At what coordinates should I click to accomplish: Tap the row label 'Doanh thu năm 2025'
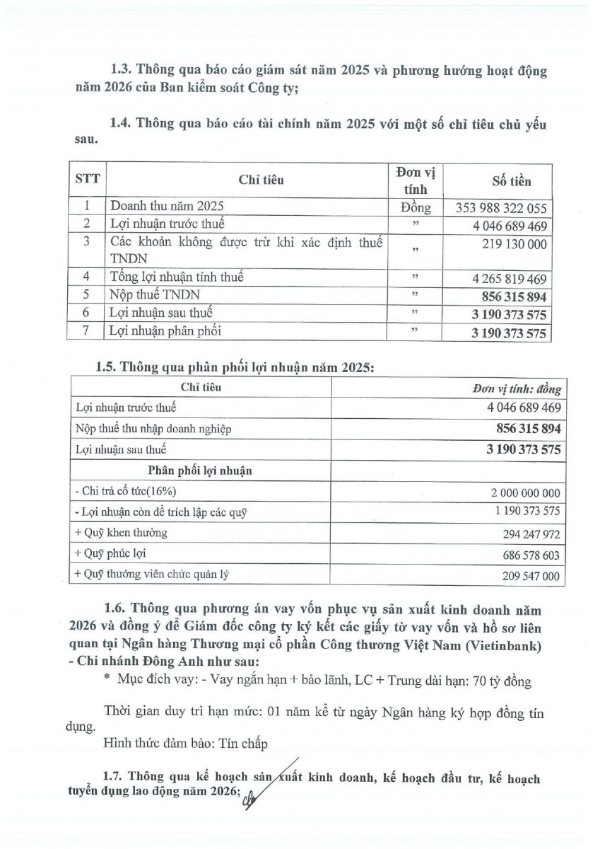tap(167, 207)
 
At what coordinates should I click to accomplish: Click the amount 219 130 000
tap(514, 243)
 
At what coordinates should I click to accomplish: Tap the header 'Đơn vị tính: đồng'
tap(517, 388)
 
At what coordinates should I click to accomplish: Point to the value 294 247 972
tap(526, 535)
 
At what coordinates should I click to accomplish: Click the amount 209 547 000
tap(526, 577)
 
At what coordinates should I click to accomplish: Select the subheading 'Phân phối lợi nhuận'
tap(200, 470)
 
